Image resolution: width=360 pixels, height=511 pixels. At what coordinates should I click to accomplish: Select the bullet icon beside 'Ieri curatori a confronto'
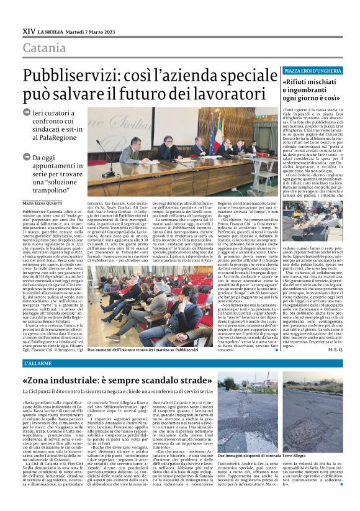[26, 114]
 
